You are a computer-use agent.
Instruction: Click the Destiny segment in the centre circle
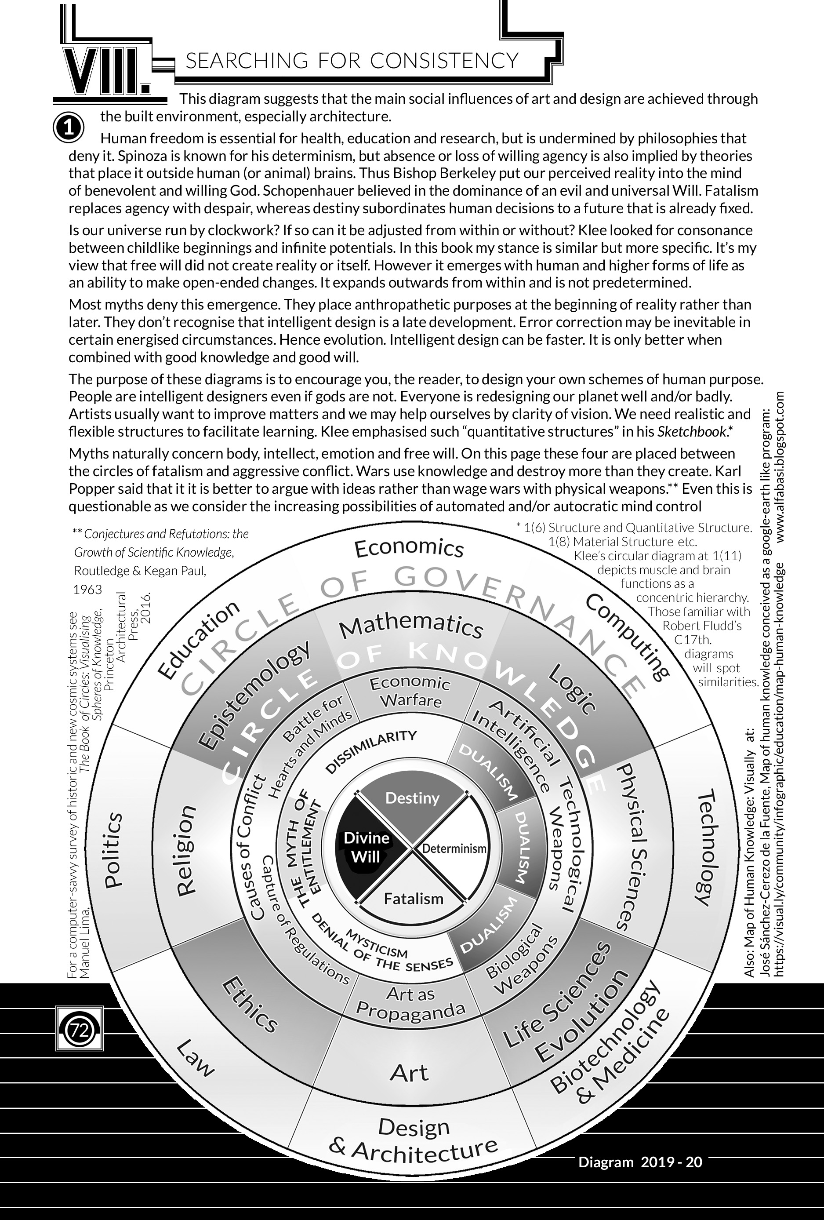412,798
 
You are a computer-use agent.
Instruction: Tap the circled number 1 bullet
68,128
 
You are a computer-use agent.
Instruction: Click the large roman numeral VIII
106,70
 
